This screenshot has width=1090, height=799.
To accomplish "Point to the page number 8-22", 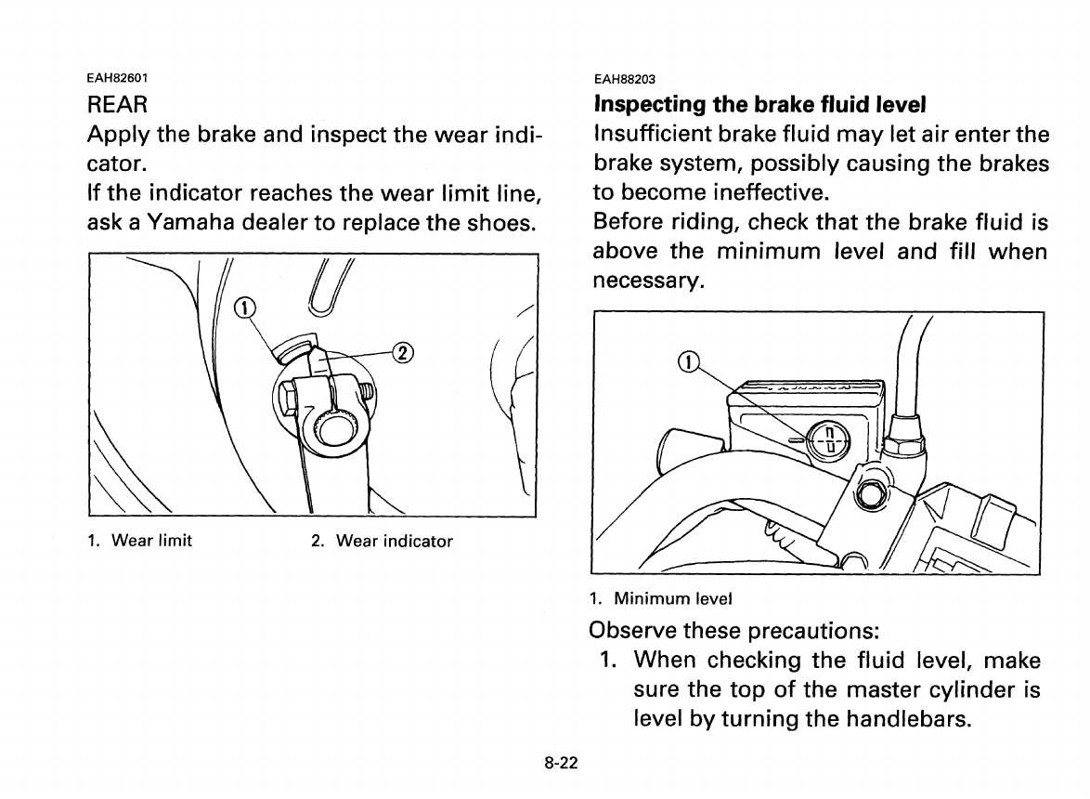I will pos(562,764).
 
